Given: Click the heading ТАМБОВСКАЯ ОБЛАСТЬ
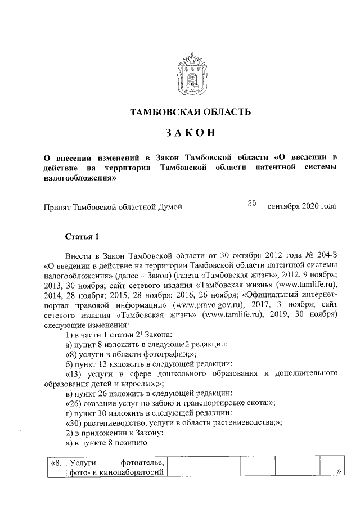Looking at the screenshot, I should point(190,112).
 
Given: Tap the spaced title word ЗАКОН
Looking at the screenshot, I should point(190,133).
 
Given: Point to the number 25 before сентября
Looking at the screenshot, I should point(251,203).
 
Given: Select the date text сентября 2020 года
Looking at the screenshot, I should point(302,207).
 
